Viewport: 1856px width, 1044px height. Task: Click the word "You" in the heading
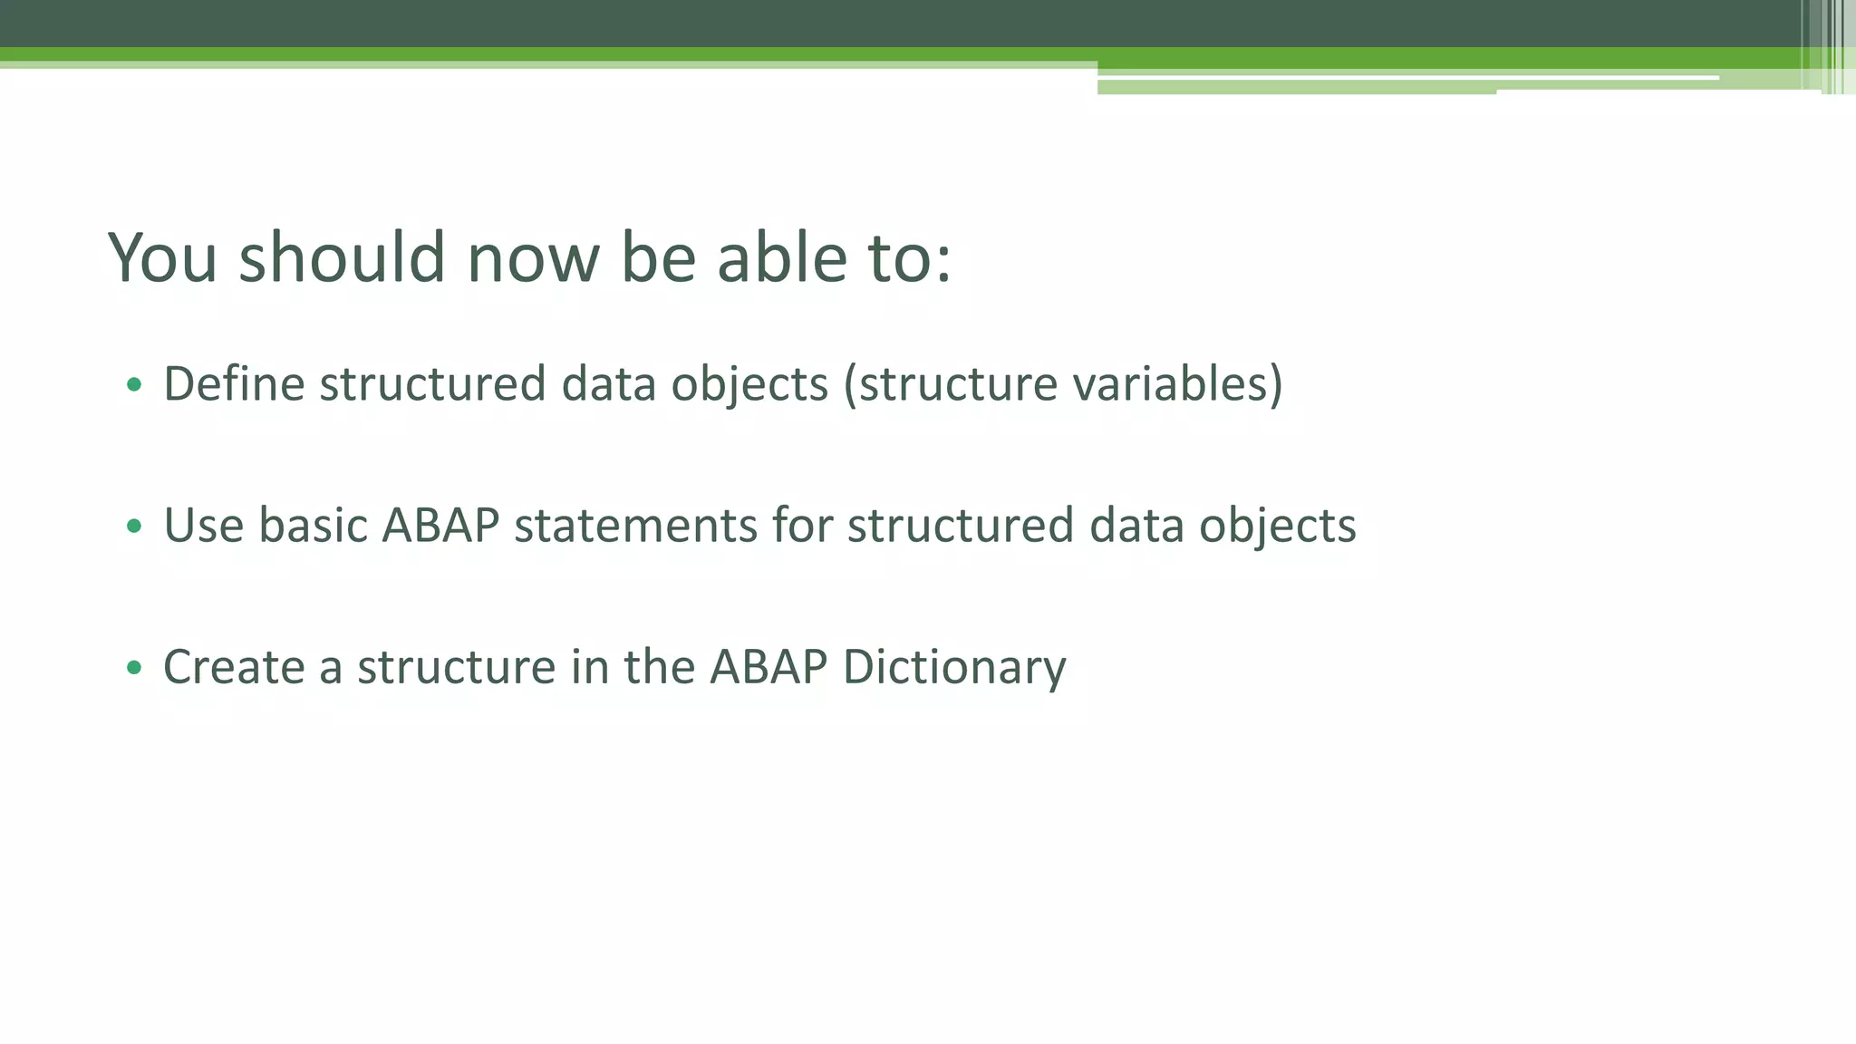point(163,258)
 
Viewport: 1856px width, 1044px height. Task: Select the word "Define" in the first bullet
point(234,383)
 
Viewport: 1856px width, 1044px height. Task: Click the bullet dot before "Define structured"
point(134,384)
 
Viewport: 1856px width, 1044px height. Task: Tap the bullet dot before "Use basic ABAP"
point(134,526)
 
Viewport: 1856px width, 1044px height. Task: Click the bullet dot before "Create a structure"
point(134,668)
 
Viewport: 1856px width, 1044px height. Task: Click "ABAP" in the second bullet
point(440,526)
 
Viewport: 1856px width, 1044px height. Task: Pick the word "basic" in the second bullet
point(313,526)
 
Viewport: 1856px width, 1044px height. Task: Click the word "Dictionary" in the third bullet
point(954,668)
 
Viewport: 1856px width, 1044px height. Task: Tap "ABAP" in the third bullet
point(768,668)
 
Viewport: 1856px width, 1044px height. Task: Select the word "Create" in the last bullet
point(234,668)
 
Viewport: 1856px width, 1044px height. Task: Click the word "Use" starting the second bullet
point(203,526)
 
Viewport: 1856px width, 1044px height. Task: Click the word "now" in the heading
point(533,258)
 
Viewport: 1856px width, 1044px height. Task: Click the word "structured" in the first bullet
point(432,383)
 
